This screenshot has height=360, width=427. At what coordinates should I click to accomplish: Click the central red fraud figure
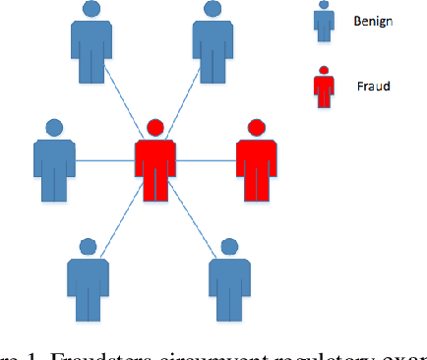tap(154, 162)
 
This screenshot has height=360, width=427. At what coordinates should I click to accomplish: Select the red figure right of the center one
tap(257, 162)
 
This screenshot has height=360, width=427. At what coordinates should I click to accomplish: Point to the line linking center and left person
tap(103, 160)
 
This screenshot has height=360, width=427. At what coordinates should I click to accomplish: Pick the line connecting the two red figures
tap(206, 160)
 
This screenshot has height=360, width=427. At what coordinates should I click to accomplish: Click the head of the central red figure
tap(154, 127)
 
